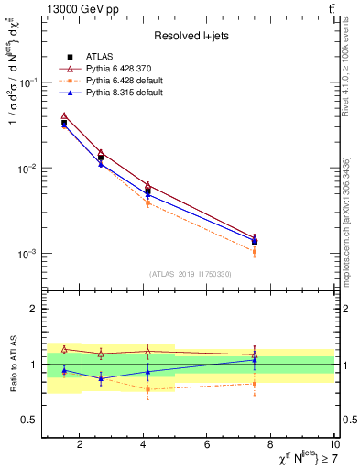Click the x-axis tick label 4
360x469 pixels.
144,445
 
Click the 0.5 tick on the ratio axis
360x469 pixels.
31,420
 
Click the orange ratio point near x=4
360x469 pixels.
147,389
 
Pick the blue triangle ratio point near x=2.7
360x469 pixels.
101,378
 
